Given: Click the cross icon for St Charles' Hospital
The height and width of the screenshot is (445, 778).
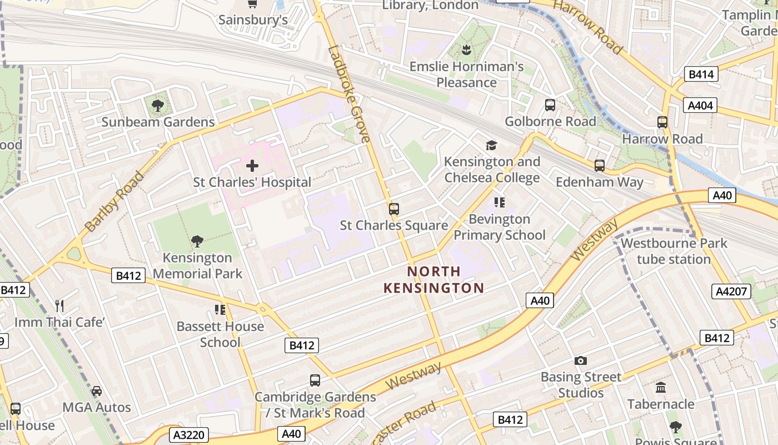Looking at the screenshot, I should pos(252,166).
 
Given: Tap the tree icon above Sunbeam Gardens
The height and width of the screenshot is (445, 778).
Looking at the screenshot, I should pos(158,105).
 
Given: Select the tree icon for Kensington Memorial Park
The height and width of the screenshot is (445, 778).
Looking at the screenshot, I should pos(197,241).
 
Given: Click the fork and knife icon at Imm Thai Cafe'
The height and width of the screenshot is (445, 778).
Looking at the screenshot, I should pos(60,305).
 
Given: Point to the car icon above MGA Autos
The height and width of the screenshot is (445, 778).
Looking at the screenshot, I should pos(97,390).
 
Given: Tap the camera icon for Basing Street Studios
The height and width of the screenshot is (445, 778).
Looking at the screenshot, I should pos(581,360).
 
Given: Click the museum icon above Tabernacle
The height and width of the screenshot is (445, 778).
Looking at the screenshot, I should pos(661,387).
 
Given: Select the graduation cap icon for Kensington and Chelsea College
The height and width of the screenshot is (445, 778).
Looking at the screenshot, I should pos(491,145).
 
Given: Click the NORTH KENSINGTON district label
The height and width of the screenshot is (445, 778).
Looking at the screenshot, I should pos(433,280).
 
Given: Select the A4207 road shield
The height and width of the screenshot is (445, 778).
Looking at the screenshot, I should pos(731,291).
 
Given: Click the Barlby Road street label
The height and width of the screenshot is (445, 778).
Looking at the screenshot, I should pos(114,201).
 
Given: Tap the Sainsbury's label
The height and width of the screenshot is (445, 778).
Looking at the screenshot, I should pos(253,20).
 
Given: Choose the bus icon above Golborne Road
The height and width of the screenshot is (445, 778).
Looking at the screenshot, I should pos(550,105).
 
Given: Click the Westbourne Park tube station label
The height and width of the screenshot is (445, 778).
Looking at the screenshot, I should pos(674,251).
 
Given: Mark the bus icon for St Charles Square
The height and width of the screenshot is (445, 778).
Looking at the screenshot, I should pos(394,209).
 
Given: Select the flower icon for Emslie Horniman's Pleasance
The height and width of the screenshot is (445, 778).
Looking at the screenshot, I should pos(466,51).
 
